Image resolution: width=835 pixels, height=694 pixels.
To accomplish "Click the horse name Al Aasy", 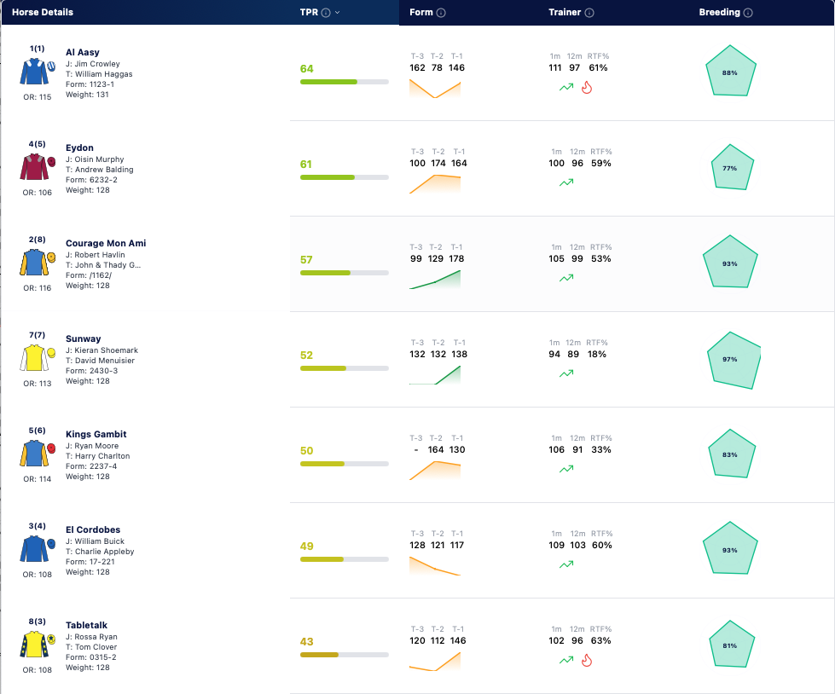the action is point(83,52).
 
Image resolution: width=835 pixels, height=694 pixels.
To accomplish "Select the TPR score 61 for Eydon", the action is point(305,164).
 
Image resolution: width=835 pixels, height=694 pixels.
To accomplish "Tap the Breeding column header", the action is point(720,12).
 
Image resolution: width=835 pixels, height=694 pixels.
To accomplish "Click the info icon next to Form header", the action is point(441,13).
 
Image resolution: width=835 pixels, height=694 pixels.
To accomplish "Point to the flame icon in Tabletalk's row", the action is point(587,661).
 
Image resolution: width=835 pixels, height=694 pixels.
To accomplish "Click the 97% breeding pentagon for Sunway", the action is point(734,361).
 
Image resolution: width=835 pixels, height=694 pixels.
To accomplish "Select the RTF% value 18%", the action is point(597,354).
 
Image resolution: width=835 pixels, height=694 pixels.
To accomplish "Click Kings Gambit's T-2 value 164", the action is point(436,449).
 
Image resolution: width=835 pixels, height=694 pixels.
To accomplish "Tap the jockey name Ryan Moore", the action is point(96,446).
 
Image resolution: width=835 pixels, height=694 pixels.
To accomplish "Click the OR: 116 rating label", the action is point(38,288).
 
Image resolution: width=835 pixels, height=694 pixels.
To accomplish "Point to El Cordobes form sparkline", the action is point(434,566).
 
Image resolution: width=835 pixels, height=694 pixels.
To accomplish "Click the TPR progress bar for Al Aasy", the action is point(344,82).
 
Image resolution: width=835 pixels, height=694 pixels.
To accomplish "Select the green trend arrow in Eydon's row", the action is point(566,182).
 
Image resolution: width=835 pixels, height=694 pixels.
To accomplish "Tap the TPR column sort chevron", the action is point(337,12).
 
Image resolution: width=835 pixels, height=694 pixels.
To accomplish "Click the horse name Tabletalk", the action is point(86,625).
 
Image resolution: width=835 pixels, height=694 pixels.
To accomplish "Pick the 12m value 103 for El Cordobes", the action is point(577,545).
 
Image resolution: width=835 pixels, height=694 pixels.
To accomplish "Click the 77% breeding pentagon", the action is point(732,167).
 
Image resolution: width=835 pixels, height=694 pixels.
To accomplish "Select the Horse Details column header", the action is point(43,12).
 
